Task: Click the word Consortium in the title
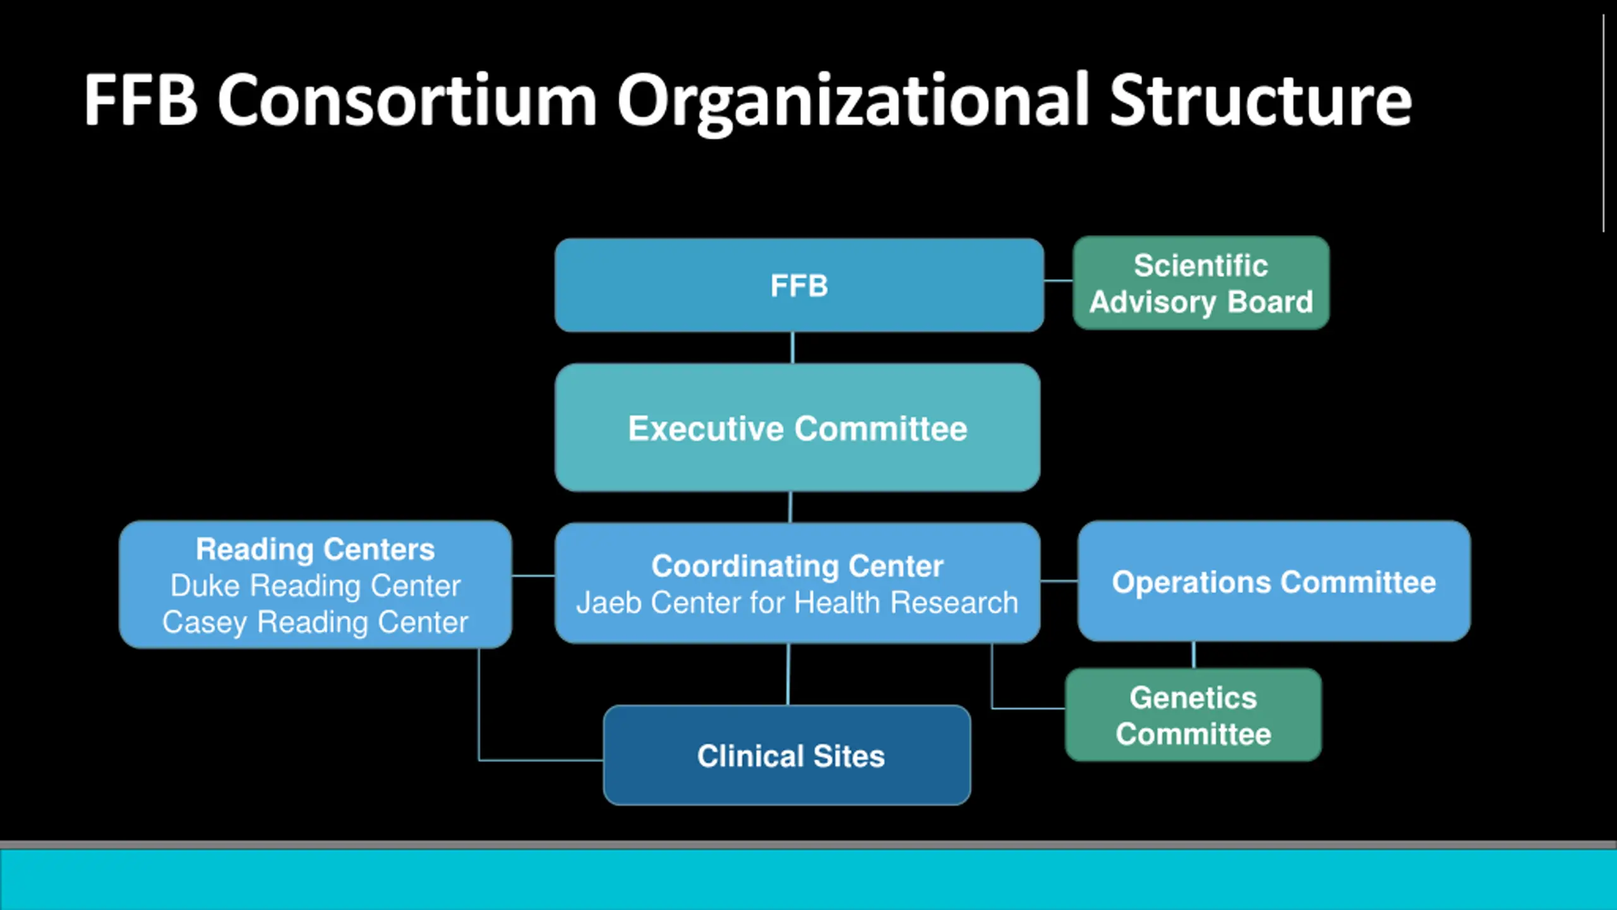tap(407, 101)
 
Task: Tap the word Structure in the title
tap(1260, 101)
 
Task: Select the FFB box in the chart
tap(799, 286)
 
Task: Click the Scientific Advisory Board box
tap(1201, 283)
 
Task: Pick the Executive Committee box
tap(797, 428)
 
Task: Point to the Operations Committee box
tap(1273, 582)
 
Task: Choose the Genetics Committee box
tap(1193, 715)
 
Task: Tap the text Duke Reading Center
tap(315, 586)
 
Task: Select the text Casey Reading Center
tap(315, 622)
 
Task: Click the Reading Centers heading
tap(315, 549)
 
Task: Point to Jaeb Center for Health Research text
tap(797, 602)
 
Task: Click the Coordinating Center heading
tap(797, 566)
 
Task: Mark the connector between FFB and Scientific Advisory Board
tap(1058, 281)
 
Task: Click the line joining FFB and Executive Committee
tap(793, 348)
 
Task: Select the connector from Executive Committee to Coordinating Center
tap(790, 507)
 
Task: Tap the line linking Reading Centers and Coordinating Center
tap(533, 576)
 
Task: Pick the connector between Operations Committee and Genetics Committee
tap(1193, 655)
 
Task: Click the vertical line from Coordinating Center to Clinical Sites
tap(788, 674)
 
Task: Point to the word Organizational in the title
tap(853, 101)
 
